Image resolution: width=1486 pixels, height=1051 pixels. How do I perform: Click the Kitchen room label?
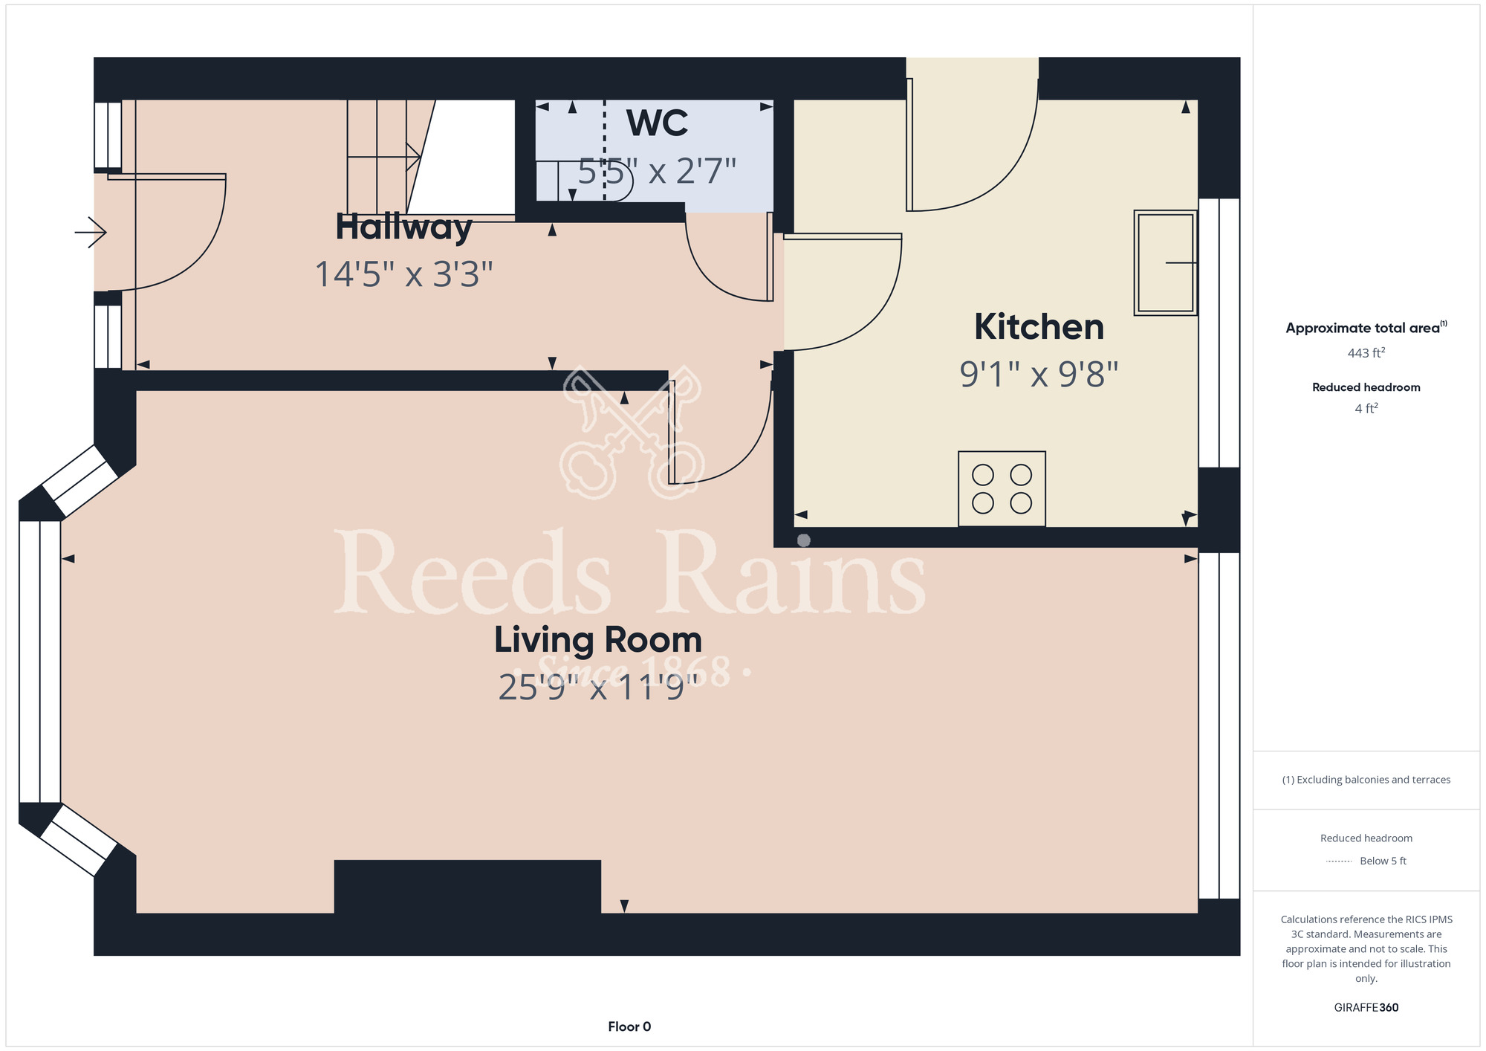click(x=1039, y=327)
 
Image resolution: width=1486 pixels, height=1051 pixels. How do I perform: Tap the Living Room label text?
click(x=598, y=640)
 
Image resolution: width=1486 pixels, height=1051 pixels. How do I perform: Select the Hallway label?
click(x=403, y=227)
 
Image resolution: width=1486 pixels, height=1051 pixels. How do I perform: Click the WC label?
click(x=658, y=123)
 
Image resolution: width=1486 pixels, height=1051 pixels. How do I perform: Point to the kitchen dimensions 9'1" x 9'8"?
click(x=1039, y=374)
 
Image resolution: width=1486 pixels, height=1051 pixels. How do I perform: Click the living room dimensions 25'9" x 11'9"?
click(x=598, y=688)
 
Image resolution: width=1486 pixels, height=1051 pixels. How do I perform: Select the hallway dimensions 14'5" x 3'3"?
click(x=403, y=274)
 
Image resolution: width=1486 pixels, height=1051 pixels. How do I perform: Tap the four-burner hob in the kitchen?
click(x=1002, y=489)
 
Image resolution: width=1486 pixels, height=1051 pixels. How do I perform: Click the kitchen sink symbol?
click(x=1165, y=263)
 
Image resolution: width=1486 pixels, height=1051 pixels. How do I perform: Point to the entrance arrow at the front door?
click(x=91, y=232)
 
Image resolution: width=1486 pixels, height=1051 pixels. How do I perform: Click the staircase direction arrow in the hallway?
click(x=384, y=156)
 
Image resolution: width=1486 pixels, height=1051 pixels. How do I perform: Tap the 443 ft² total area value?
click(x=1366, y=353)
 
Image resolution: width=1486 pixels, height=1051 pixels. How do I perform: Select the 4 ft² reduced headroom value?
click(x=1366, y=408)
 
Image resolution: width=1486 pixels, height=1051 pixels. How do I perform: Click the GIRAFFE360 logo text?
click(x=1366, y=1008)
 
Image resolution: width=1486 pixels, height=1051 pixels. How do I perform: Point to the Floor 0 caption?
click(x=629, y=1026)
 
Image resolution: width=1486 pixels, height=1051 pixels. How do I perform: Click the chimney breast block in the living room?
click(x=467, y=887)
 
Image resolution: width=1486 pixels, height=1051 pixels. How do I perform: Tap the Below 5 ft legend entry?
click(x=1366, y=861)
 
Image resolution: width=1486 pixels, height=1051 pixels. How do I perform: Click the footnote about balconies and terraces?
click(x=1366, y=780)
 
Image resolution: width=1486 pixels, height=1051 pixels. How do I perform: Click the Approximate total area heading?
click(x=1366, y=328)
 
